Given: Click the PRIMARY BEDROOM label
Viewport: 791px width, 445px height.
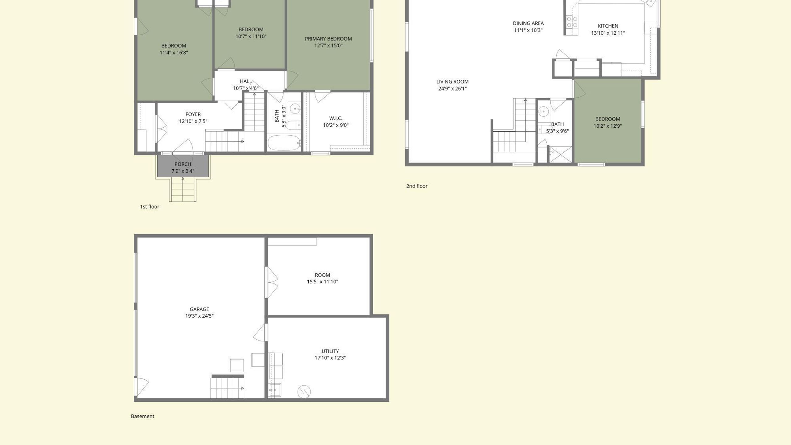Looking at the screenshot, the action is [x=328, y=39].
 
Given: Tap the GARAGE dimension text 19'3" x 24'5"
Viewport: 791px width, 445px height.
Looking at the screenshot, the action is [x=199, y=316].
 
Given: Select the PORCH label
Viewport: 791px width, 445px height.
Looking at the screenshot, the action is [x=183, y=164].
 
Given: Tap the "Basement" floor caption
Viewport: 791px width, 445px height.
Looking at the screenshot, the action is [x=142, y=416].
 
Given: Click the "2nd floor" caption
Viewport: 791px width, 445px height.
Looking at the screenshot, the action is [x=417, y=186].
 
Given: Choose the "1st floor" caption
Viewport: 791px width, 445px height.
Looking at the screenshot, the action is [x=150, y=207].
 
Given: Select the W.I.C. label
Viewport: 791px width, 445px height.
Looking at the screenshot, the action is [x=336, y=118].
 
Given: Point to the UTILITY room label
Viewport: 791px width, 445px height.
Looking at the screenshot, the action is [x=330, y=351].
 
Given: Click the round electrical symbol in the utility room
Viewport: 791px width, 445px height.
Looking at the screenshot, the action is [x=304, y=392].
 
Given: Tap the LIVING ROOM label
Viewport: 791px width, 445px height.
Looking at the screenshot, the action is [x=452, y=82].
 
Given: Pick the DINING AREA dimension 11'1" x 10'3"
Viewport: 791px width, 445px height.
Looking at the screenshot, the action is [x=528, y=30].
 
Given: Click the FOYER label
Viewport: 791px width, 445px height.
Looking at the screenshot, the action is [x=193, y=114].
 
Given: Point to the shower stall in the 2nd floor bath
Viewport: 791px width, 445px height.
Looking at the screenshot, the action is [x=560, y=155].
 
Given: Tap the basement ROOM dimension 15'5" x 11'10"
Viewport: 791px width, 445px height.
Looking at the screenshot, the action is [x=322, y=282].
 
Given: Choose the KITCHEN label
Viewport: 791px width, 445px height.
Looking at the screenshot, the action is [x=608, y=26].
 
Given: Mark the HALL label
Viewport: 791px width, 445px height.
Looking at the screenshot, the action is [x=246, y=81].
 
